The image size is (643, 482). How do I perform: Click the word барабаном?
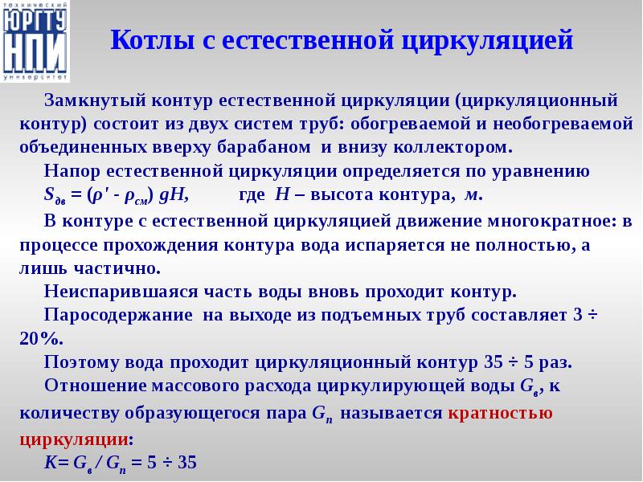265,149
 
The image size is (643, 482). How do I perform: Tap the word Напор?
71,172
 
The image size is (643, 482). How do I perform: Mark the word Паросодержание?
109,314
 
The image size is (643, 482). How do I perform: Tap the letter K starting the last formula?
49,464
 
